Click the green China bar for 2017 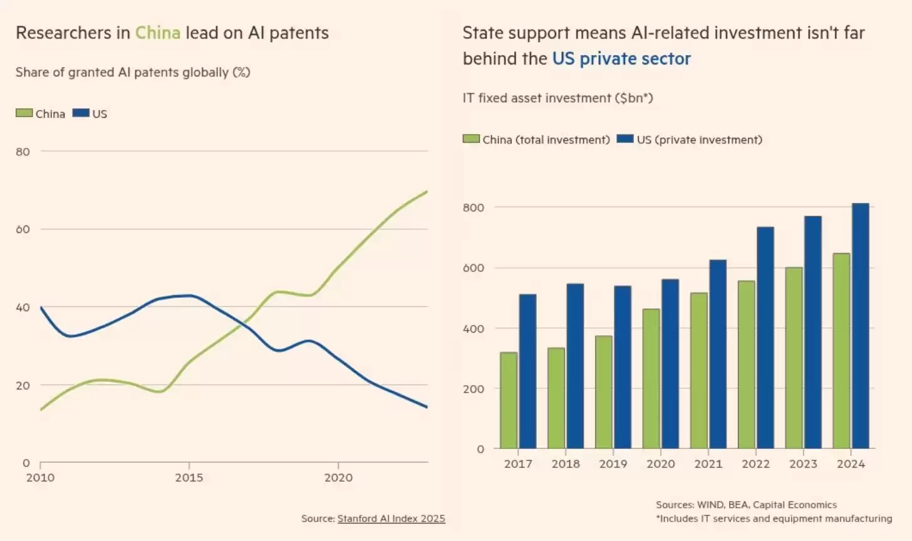[x=509, y=401]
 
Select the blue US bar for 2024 [x=860, y=326]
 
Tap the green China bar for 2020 [x=651, y=378]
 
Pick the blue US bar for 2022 [x=765, y=337]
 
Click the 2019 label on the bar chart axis [x=613, y=464]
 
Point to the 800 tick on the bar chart [x=474, y=208]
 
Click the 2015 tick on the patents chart [x=189, y=478]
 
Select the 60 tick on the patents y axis [x=23, y=229]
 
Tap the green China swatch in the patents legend [x=24, y=113]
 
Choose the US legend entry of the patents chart [x=90, y=114]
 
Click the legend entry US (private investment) [x=690, y=140]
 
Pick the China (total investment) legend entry [x=536, y=140]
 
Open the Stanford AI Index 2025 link [x=391, y=518]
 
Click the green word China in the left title [x=158, y=33]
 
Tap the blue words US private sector [x=621, y=59]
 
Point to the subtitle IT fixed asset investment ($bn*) [x=557, y=98]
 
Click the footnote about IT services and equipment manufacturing [x=774, y=518]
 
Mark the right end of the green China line [x=427, y=192]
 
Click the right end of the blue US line [x=427, y=407]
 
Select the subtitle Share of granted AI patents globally [x=133, y=72]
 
